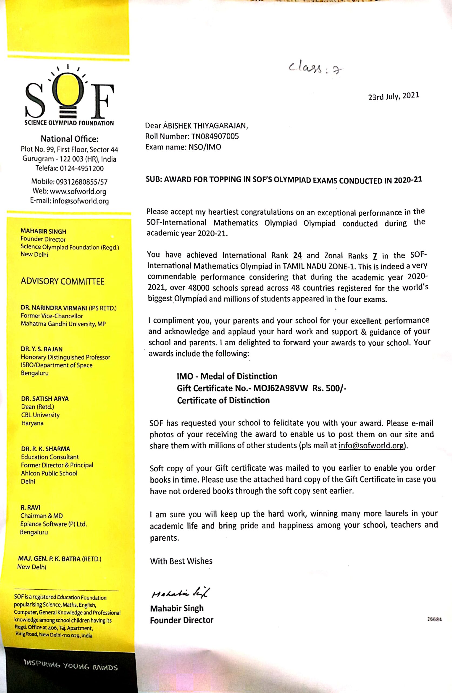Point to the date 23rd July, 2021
(x=394, y=96)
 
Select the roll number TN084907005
(x=215, y=136)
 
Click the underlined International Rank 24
(x=297, y=255)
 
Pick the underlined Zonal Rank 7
(x=375, y=256)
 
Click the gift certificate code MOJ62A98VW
(x=280, y=388)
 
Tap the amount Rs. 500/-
(x=329, y=388)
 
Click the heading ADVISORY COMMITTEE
(x=62, y=281)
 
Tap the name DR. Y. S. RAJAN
(x=42, y=349)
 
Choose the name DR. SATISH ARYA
(x=45, y=399)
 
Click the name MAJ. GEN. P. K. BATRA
(x=49, y=559)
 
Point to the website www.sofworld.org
(x=78, y=192)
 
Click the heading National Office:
(x=69, y=139)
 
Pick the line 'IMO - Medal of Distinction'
(x=227, y=376)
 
